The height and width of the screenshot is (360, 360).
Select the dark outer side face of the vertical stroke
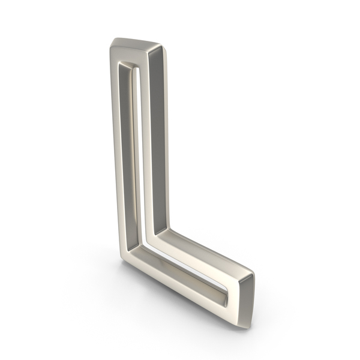[x=158, y=142]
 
